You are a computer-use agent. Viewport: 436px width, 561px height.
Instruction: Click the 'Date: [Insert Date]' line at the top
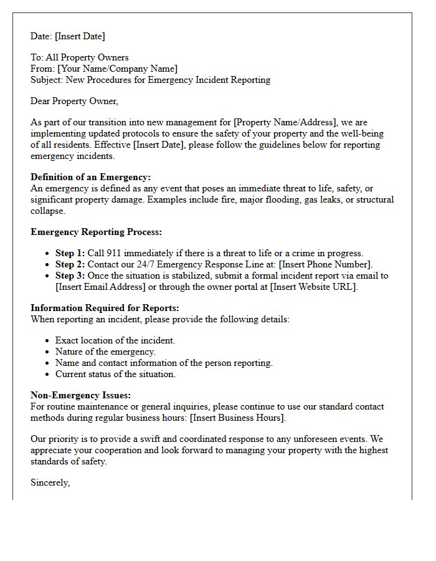68,36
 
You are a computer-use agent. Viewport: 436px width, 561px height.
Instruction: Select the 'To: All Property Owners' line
79,57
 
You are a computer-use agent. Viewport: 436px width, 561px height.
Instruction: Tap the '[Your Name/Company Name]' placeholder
117,69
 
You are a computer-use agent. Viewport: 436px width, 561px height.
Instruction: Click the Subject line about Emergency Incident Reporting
150,80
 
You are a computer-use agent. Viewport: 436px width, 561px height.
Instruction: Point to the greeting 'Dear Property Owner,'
74,101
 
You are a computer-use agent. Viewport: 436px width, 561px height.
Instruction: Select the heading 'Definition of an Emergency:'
90,177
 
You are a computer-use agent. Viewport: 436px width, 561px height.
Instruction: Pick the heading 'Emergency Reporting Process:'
96,232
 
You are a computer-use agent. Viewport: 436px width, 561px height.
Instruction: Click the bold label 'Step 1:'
70,253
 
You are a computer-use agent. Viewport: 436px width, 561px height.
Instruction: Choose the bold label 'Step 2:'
70,264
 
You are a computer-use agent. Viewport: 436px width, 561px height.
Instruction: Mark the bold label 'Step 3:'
70,276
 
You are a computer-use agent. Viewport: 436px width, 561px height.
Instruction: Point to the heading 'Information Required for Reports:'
105,308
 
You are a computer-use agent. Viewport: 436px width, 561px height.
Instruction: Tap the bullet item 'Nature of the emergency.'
105,352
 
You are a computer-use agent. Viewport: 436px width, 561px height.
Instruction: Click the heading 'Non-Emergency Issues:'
80,395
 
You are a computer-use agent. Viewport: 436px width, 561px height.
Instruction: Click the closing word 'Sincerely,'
50,482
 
